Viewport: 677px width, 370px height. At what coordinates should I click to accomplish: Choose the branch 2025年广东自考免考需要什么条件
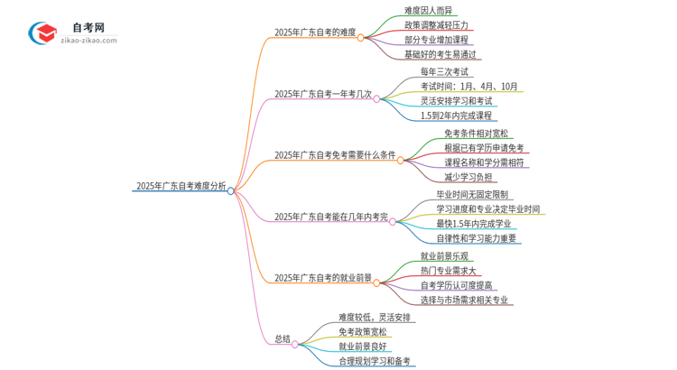(x=335, y=155)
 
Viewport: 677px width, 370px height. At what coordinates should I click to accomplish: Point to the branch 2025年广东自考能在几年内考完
(x=330, y=217)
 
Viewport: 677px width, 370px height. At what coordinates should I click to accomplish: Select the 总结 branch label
(x=283, y=339)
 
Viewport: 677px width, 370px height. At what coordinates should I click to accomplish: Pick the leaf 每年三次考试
(x=444, y=71)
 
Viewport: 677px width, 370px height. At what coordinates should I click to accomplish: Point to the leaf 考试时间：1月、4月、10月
(x=469, y=87)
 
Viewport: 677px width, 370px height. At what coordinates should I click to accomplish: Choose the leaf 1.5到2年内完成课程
(x=456, y=116)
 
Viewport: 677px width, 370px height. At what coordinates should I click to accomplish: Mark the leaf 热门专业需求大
(x=449, y=271)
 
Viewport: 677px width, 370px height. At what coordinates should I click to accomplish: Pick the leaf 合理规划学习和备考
(x=375, y=361)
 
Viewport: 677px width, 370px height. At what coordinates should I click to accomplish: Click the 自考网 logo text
(x=88, y=27)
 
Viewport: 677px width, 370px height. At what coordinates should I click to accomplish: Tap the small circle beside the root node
(x=231, y=190)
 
